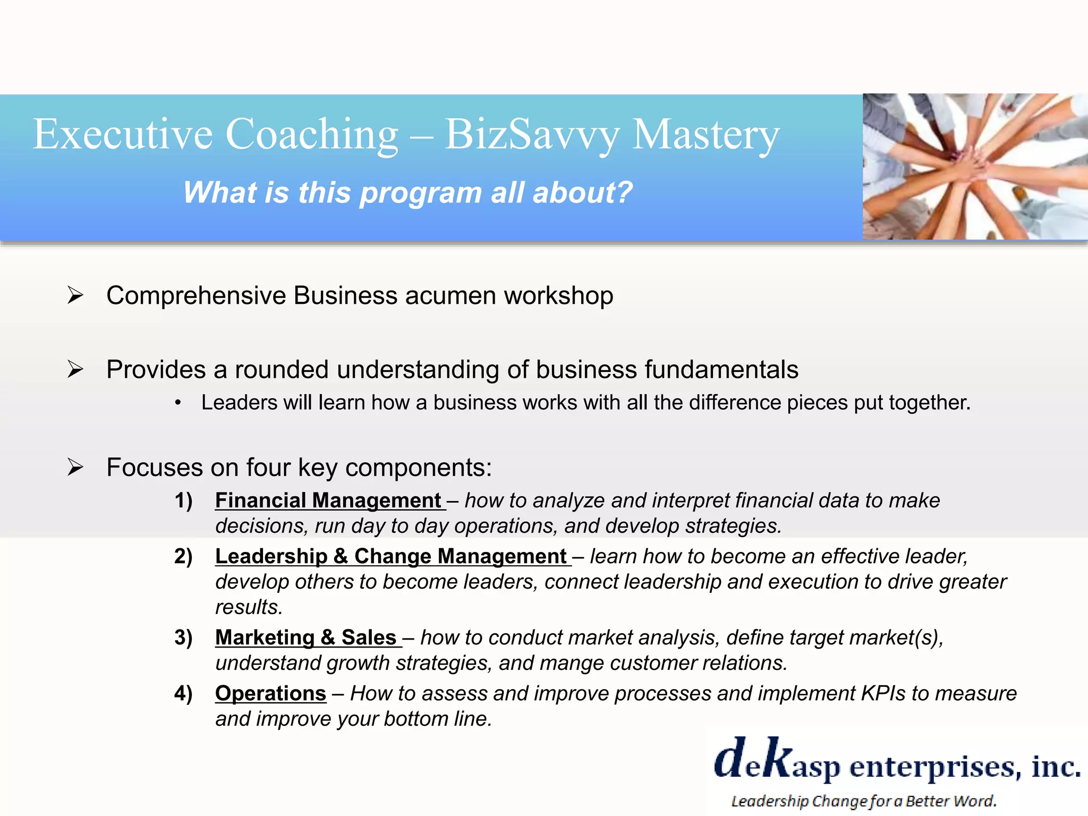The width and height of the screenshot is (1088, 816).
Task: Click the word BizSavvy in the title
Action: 532,135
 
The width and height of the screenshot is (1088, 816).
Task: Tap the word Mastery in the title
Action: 706,135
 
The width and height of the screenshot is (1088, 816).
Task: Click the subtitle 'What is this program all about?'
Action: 407,192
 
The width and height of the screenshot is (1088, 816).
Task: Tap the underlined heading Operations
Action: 270,693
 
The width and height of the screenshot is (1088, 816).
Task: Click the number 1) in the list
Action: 184,500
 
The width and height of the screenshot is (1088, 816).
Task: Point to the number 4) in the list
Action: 184,693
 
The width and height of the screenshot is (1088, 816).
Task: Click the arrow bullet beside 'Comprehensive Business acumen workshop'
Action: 75,295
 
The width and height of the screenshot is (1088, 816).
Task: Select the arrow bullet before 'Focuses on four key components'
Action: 75,467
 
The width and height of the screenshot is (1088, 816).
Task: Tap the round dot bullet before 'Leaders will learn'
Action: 178,404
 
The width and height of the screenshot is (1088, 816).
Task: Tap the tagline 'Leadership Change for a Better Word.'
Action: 864,801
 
